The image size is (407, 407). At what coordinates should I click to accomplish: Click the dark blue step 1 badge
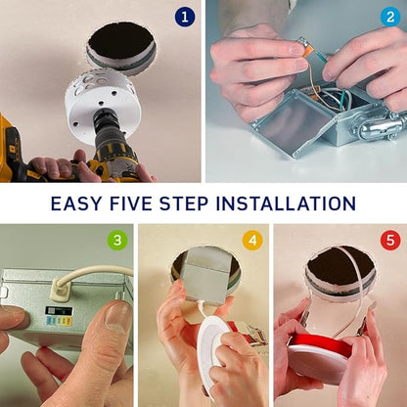click(x=185, y=17)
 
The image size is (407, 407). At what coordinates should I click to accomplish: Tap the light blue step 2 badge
click(x=390, y=17)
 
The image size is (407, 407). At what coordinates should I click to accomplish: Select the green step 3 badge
click(x=117, y=240)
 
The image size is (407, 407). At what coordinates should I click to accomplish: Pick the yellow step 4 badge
click(x=252, y=240)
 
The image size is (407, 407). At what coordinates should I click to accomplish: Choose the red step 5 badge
click(x=390, y=240)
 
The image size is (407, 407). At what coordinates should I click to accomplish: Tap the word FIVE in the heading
click(x=131, y=203)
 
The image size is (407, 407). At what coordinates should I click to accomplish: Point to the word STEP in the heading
click(x=184, y=203)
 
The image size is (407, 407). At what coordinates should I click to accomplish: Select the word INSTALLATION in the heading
click(x=286, y=203)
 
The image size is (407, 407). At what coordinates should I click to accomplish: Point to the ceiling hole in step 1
click(x=121, y=41)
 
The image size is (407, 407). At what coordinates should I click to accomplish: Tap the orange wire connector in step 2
click(x=308, y=51)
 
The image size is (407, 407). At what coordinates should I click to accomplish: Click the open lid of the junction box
click(x=286, y=125)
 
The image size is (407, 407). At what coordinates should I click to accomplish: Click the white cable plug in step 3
click(x=61, y=290)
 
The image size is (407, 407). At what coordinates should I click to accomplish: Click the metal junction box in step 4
click(x=206, y=276)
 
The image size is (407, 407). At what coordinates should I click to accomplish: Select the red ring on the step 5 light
click(x=320, y=343)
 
